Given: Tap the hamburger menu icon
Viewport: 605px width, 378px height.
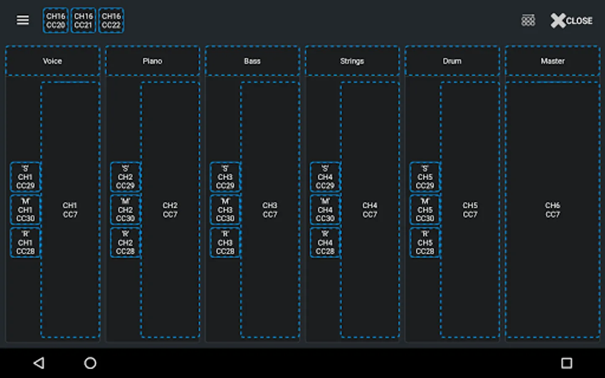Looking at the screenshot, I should (23, 20).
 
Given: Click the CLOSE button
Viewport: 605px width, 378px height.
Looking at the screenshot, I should (571, 21).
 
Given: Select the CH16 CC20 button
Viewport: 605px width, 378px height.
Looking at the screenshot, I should (55, 21).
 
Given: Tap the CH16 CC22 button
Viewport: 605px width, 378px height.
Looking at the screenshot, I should (111, 21).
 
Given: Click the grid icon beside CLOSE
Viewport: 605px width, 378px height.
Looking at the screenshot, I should (528, 21).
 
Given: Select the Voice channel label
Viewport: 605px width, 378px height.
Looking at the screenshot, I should (53, 61).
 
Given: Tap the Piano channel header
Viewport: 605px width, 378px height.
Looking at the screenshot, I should (152, 61).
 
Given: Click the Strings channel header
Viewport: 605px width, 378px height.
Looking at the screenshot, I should (352, 61).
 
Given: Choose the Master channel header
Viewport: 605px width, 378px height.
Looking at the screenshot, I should (552, 61).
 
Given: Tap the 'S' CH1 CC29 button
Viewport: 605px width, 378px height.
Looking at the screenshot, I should (25, 177).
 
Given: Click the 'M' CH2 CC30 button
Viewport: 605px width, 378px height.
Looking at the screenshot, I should (125, 210).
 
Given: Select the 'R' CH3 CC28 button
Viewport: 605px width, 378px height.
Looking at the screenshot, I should (225, 243).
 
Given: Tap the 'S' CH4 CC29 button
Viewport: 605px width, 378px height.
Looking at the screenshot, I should (325, 177).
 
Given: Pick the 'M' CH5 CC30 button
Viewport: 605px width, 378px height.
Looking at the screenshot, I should (425, 210).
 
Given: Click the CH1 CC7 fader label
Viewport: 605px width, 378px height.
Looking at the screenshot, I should (70, 210).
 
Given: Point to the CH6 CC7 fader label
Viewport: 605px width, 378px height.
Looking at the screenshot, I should (552, 210).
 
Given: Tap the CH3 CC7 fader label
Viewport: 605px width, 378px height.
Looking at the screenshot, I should (270, 210).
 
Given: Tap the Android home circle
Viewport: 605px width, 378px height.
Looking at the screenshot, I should (90, 363).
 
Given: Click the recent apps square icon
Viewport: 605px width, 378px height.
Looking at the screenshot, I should (567, 363).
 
